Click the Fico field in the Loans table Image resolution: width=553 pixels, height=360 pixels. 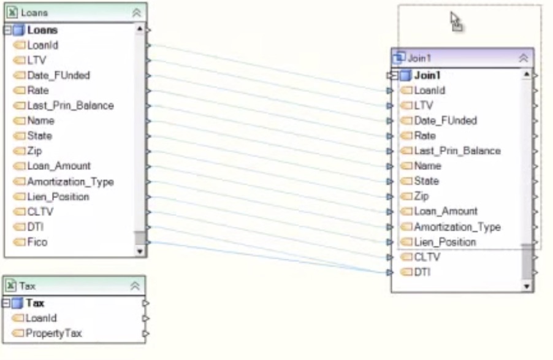(37, 242)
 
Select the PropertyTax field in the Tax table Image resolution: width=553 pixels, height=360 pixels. (53, 334)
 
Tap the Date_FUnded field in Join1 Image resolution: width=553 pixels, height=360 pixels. (445, 121)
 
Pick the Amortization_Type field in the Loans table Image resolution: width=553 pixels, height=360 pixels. (70, 182)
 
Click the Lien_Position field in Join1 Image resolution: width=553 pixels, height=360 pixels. (445, 242)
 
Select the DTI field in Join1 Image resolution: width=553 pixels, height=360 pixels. (422, 272)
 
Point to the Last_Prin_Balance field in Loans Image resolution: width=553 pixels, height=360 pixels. (70, 105)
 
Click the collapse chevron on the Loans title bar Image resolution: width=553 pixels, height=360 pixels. (136, 12)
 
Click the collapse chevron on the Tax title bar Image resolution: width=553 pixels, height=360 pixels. (135, 286)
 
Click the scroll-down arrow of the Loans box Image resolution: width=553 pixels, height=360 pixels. (139, 251)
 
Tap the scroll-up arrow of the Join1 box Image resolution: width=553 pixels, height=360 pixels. (527, 75)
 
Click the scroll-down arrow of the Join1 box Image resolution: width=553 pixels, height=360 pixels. (527, 286)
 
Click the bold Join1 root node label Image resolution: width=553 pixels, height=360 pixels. (427, 75)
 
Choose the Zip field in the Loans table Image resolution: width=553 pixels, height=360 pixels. (34, 151)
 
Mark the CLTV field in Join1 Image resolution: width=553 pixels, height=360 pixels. (427, 257)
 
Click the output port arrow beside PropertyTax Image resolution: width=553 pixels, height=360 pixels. (145, 334)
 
